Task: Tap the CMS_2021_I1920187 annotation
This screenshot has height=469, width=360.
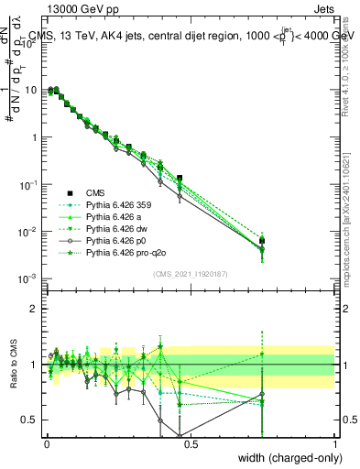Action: click(189, 273)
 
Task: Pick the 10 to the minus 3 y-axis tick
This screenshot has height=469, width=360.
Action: click(27, 278)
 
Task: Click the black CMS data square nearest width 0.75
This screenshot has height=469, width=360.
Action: click(262, 241)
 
